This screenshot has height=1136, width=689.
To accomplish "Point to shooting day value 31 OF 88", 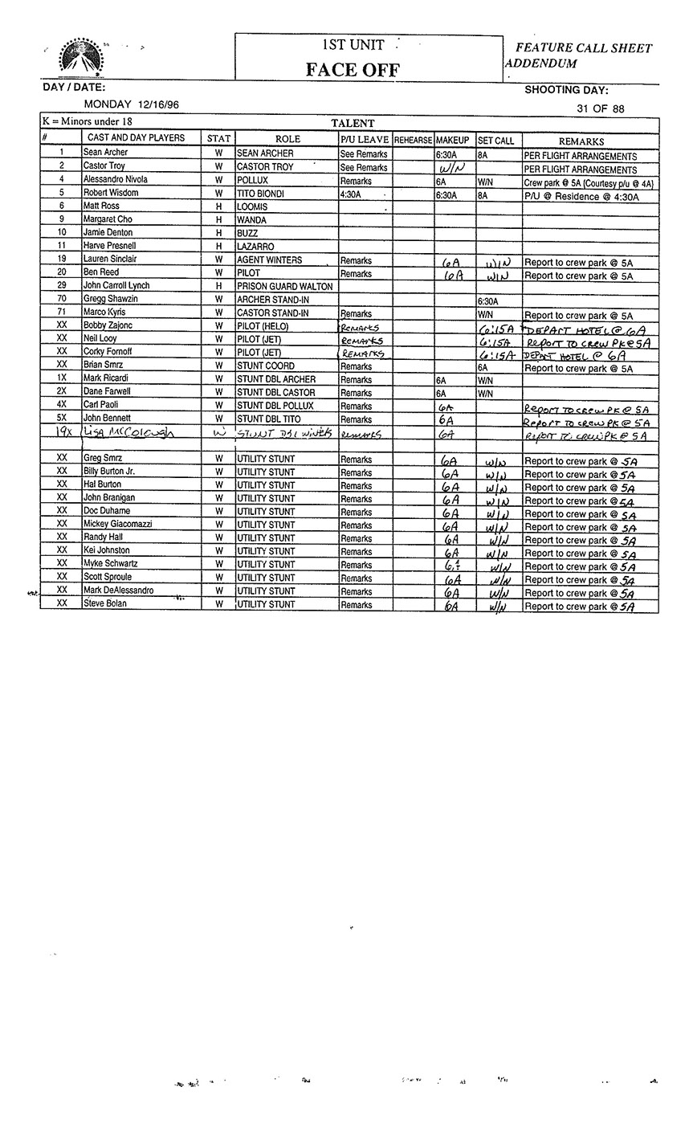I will (x=600, y=108).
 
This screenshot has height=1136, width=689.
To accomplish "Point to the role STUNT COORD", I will (x=266, y=366).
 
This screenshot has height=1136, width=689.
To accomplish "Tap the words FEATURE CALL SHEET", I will (x=584, y=48).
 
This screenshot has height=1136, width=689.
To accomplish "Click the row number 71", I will (x=62, y=312).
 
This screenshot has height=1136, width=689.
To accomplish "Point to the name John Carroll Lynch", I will (x=116, y=285).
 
